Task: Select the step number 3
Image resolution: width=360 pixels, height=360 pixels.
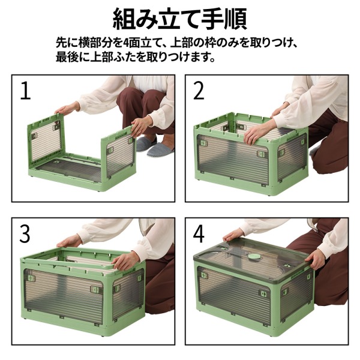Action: pyautogui.click(x=25, y=233)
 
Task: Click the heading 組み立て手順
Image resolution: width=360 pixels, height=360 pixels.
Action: pyautogui.click(x=179, y=18)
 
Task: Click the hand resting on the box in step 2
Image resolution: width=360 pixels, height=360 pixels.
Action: pyautogui.click(x=255, y=133)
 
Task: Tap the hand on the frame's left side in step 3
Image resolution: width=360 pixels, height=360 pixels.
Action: pyautogui.click(x=69, y=241)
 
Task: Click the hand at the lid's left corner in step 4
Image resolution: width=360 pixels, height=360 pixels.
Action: pyautogui.click(x=233, y=233)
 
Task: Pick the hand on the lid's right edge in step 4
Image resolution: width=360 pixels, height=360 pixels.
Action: pyautogui.click(x=315, y=259)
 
